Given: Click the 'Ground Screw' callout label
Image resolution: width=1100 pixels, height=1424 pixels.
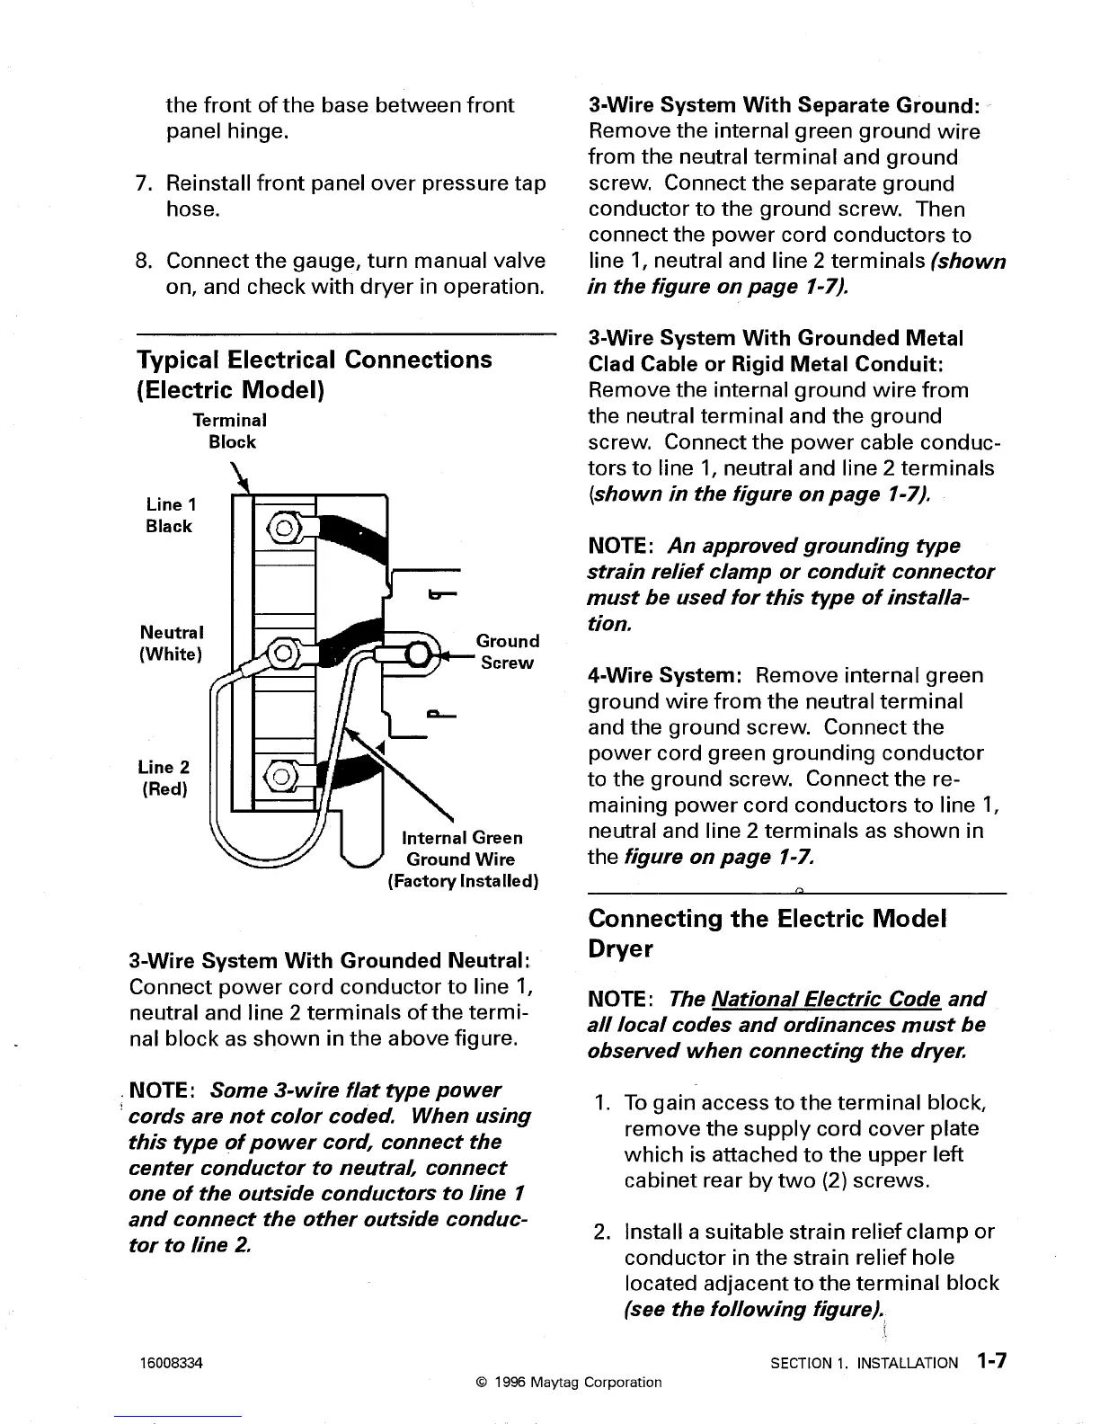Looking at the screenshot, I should point(508,652).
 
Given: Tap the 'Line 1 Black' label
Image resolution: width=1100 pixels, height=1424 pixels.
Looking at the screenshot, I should point(168,515).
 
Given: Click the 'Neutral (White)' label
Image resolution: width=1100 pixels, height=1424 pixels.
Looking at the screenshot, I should point(171,642).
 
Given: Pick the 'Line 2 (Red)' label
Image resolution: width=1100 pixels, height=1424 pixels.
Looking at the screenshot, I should point(163,778).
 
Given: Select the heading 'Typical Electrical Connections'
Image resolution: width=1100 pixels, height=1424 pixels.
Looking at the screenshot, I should point(314,360).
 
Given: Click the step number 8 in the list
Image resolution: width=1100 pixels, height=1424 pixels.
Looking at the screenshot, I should point(142,262).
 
